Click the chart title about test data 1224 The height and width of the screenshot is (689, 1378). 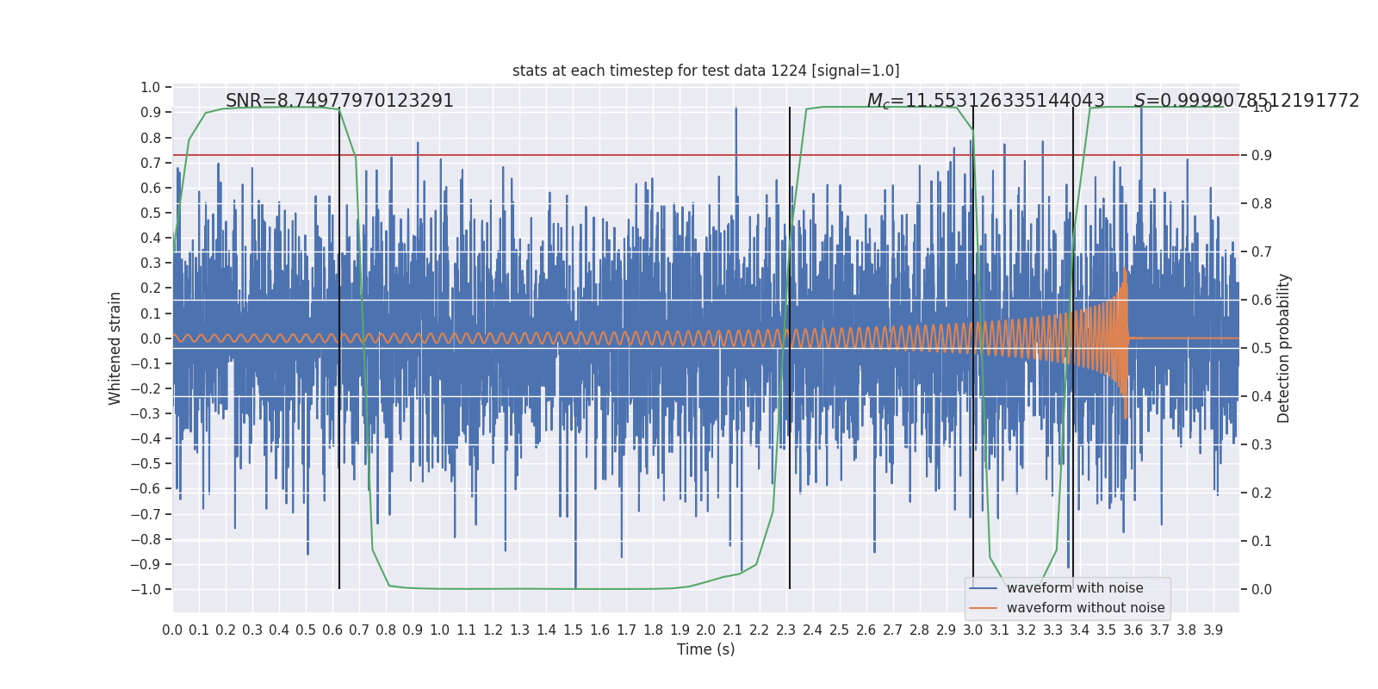click(x=705, y=71)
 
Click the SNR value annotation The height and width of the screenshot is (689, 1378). click(x=339, y=101)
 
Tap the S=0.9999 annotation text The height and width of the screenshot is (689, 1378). click(x=1246, y=101)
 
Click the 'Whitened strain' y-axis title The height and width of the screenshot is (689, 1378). click(x=115, y=348)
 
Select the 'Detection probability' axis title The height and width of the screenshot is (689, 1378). click(x=1284, y=348)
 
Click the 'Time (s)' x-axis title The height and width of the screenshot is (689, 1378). click(x=705, y=649)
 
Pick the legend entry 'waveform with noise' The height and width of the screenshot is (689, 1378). click(x=1074, y=588)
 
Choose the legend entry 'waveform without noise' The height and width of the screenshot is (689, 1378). click(x=1084, y=608)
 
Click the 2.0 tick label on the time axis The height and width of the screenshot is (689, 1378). click(x=706, y=630)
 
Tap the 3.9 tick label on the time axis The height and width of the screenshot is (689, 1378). click(x=1213, y=630)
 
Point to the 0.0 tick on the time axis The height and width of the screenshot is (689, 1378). click(x=172, y=630)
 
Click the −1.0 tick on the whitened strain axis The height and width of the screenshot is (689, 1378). click(x=146, y=590)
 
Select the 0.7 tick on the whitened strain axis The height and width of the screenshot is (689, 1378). click(x=151, y=164)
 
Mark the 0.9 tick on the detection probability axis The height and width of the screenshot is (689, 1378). click(x=1262, y=156)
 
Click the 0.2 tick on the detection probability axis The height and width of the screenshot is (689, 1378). click(x=1262, y=493)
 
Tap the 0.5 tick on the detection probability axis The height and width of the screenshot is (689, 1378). click(x=1262, y=349)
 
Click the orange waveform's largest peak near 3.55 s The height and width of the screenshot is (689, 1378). click(x=1124, y=270)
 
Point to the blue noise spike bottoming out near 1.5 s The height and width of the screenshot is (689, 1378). click(x=575, y=586)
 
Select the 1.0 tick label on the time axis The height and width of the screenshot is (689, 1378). click(x=439, y=630)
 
